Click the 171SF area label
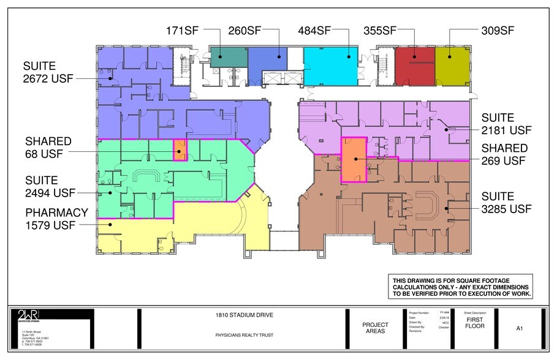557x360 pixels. [x=183, y=29]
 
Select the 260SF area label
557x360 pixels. [x=246, y=29]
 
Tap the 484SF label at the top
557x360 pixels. [x=315, y=29]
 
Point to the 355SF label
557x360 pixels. [x=381, y=29]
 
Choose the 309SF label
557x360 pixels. [x=498, y=29]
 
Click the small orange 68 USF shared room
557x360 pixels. [x=180, y=150]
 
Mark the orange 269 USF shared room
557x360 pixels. [x=354, y=160]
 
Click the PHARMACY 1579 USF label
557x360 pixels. [x=56, y=219]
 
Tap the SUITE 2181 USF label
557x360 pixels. [x=506, y=124]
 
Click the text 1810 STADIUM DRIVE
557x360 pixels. [x=244, y=315]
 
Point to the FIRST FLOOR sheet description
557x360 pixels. [x=476, y=323]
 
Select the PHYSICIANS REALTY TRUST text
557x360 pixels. [x=244, y=336]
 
